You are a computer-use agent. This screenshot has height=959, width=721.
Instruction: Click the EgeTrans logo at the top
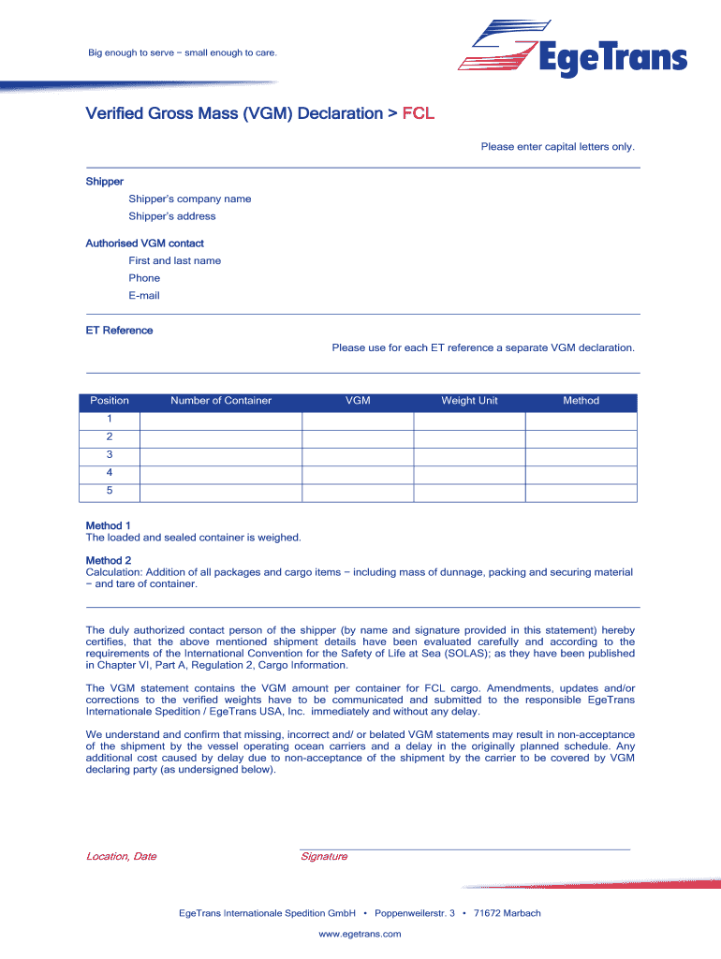pyautogui.click(x=572, y=52)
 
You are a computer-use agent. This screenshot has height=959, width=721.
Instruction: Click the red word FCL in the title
pyautogui.click(x=418, y=114)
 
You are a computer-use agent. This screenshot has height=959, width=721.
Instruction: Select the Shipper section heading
pyautogui.click(x=105, y=182)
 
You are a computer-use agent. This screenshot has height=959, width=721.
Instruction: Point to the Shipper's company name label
pyautogui.click(x=190, y=199)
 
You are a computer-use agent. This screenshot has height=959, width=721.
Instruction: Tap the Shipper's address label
pyautogui.click(x=172, y=216)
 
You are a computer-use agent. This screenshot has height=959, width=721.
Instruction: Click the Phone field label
pyautogui.click(x=144, y=278)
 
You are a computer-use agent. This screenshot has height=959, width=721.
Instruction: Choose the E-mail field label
pyautogui.click(x=144, y=296)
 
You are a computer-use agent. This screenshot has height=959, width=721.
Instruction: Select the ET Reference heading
pyautogui.click(x=119, y=331)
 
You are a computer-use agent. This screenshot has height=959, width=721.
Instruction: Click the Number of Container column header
pyautogui.click(x=221, y=401)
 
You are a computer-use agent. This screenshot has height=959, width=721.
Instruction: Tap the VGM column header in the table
pyautogui.click(x=358, y=401)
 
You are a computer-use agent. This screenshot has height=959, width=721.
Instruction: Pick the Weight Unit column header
pyautogui.click(x=469, y=401)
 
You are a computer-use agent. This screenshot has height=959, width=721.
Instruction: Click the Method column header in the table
pyautogui.click(x=581, y=401)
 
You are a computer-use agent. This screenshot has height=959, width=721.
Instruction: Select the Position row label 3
pyautogui.click(x=110, y=455)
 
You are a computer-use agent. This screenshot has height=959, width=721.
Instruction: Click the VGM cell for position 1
pyautogui.click(x=358, y=420)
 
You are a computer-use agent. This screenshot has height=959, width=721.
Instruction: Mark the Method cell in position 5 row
pyautogui.click(x=581, y=491)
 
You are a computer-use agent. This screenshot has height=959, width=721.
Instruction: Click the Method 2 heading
pyautogui.click(x=109, y=560)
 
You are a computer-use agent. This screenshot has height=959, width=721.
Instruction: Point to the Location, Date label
pyautogui.click(x=121, y=857)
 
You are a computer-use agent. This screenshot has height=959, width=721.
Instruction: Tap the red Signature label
pyautogui.click(x=324, y=857)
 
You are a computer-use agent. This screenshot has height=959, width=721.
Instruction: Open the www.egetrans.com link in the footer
pyautogui.click(x=360, y=934)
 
